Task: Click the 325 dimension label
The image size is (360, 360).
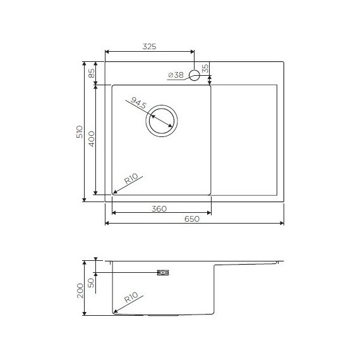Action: pyautogui.click(x=150, y=47)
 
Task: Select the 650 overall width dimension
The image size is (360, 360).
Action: pyautogui.click(x=193, y=219)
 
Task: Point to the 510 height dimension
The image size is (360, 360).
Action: pyautogui.click(x=80, y=131)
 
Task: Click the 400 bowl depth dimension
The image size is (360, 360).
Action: pyautogui.click(x=91, y=140)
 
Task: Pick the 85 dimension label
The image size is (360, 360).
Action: pyautogui.click(x=91, y=73)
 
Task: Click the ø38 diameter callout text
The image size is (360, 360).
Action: pyautogui.click(x=176, y=76)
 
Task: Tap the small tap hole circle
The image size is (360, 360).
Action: pyautogui.click(x=194, y=76)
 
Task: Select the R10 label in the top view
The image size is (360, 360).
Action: pyautogui.click(x=132, y=180)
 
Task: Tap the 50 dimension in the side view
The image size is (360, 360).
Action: pyautogui.click(x=91, y=282)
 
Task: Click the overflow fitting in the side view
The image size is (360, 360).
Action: pyautogui.click(x=163, y=272)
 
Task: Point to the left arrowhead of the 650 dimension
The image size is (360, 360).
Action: pyautogui.click(x=107, y=223)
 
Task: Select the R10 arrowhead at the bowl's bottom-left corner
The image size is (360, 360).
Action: pyautogui.click(x=115, y=192)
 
